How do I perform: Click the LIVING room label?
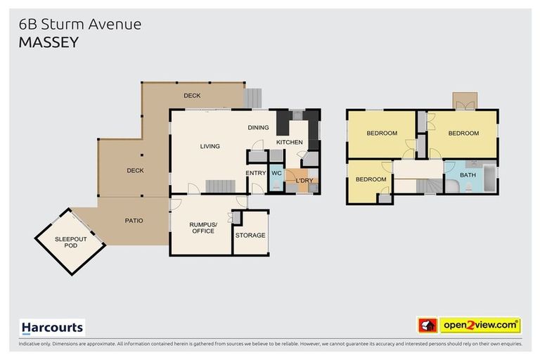(x=210, y=146)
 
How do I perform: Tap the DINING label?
(x=259, y=127)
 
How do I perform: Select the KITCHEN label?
(x=289, y=143)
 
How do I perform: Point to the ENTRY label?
(x=255, y=172)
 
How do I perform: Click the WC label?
(x=276, y=172)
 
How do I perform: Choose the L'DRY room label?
(x=304, y=181)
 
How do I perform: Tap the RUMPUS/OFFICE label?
(x=202, y=228)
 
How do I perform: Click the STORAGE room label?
(x=250, y=235)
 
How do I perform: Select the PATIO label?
(x=134, y=221)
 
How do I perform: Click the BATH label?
(x=468, y=175)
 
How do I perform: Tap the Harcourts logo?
(x=52, y=328)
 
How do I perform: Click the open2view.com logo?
(x=480, y=326)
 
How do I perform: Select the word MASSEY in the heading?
(x=49, y=42)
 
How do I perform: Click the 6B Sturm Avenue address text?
(x=80, y=24)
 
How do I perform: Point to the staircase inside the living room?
(x=220, y=186)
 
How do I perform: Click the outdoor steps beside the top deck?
(x=252, y=97)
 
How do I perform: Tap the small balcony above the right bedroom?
(x=463, y=101)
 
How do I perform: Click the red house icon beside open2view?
(x=427, y=326)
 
